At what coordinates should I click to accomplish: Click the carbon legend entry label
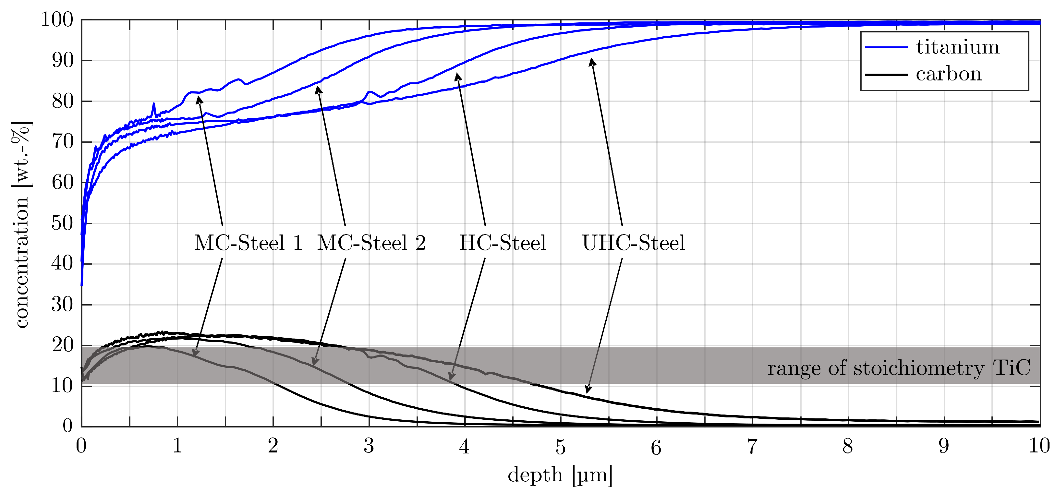point(949,74)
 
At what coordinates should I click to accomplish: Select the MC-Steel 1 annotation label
point(248,243)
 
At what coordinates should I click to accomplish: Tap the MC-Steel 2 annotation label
point(371,243)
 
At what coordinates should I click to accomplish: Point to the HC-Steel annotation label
point(503,243)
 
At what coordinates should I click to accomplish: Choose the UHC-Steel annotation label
point(633,243)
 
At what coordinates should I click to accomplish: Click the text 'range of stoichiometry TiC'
point(899,368)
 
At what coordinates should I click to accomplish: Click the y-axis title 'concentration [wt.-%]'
point(20,224)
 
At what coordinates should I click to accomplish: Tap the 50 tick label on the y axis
point(62,223)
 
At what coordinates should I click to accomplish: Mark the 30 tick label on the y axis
point(62,305)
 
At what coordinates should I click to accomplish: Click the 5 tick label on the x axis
point(560,446)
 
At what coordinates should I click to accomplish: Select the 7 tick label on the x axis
point(752,446)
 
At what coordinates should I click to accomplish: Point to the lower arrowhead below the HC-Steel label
point(451,377)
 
